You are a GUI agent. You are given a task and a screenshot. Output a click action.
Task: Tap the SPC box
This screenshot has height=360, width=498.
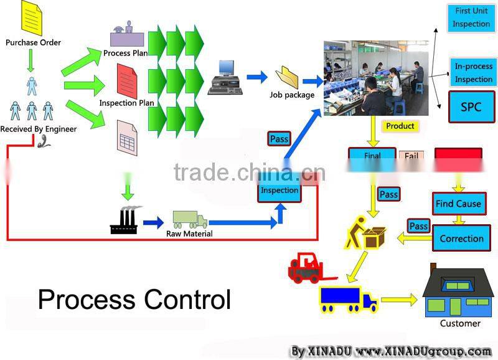471,107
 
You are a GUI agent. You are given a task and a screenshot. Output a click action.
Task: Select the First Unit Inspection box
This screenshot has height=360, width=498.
471,18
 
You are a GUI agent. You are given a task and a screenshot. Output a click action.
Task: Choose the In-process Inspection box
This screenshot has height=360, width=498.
473,72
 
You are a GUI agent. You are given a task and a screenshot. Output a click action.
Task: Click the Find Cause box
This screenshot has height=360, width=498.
458,204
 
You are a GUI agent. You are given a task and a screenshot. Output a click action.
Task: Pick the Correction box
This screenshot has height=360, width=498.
461,239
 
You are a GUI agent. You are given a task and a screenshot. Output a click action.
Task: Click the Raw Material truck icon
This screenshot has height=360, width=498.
189,220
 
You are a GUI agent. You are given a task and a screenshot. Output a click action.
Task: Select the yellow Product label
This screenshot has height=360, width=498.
400,126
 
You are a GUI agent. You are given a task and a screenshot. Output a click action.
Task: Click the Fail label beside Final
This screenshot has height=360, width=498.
411,156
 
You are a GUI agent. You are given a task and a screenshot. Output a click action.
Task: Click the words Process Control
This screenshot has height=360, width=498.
134,299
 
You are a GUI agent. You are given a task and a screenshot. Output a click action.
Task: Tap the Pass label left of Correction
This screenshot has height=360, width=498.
418,225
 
